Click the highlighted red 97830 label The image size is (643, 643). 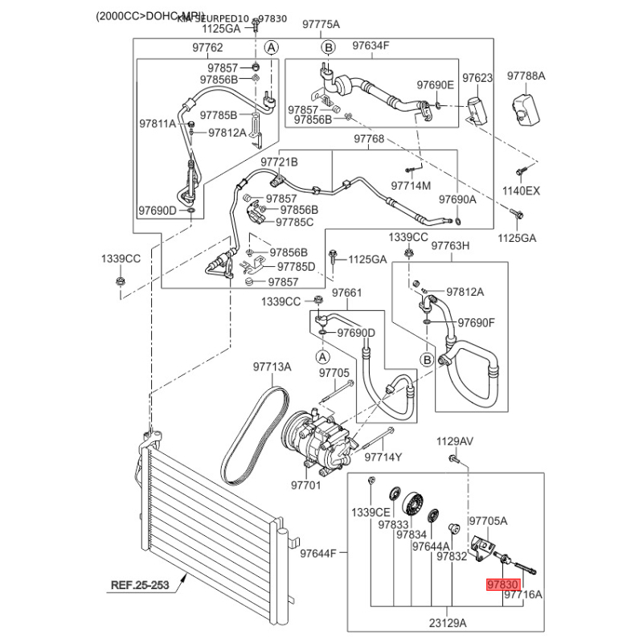click(x=503, y=584)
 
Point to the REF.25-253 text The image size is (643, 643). click(x=140, y=585)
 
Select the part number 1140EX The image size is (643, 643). click(x=522, y=191)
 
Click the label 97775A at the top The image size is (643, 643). click(x=321, y=24)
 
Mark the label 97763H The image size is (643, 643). click(x=451, y=246)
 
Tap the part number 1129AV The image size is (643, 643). click(x=456, y=441)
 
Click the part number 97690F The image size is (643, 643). click(x=477, y=322)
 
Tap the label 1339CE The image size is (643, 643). click(x=371, y=512)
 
